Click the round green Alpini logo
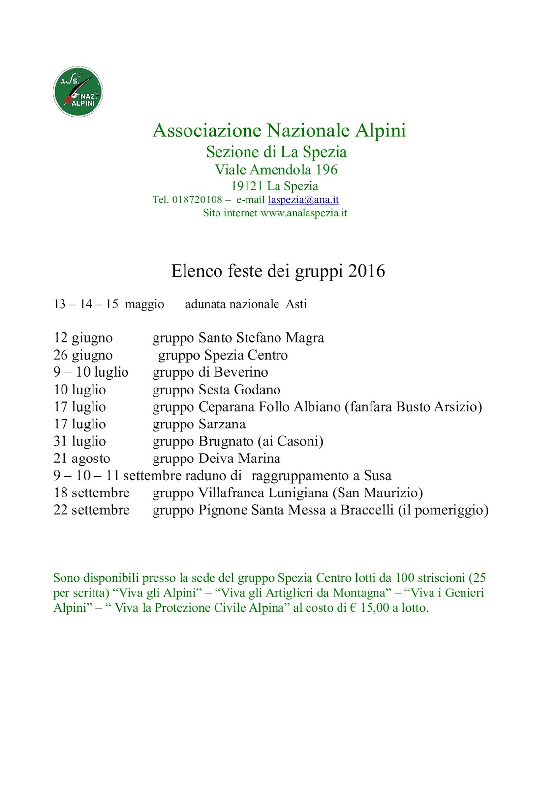pyautogui.click(x=78, y=92)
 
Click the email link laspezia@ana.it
pyautogui.click(x=303, y=200)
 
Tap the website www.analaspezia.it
pyautogui.click(x=304, y=213)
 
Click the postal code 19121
pyautogui.click(x=247, y=186)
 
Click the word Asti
pyautogui.click(x=296, y=304)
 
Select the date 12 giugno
pyautogui.click(x=83, y=338)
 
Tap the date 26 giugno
pyautogui.click(x=83, y=356)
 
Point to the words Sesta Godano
pyautogui.click(x=239, y=390)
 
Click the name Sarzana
pyautogui.click(x=221, y=424)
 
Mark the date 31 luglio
pyautogui.click(x=79, y=441)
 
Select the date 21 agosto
pyautogui.click(x=82, y=459)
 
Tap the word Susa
pyautogui.click(x=377, y=476)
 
